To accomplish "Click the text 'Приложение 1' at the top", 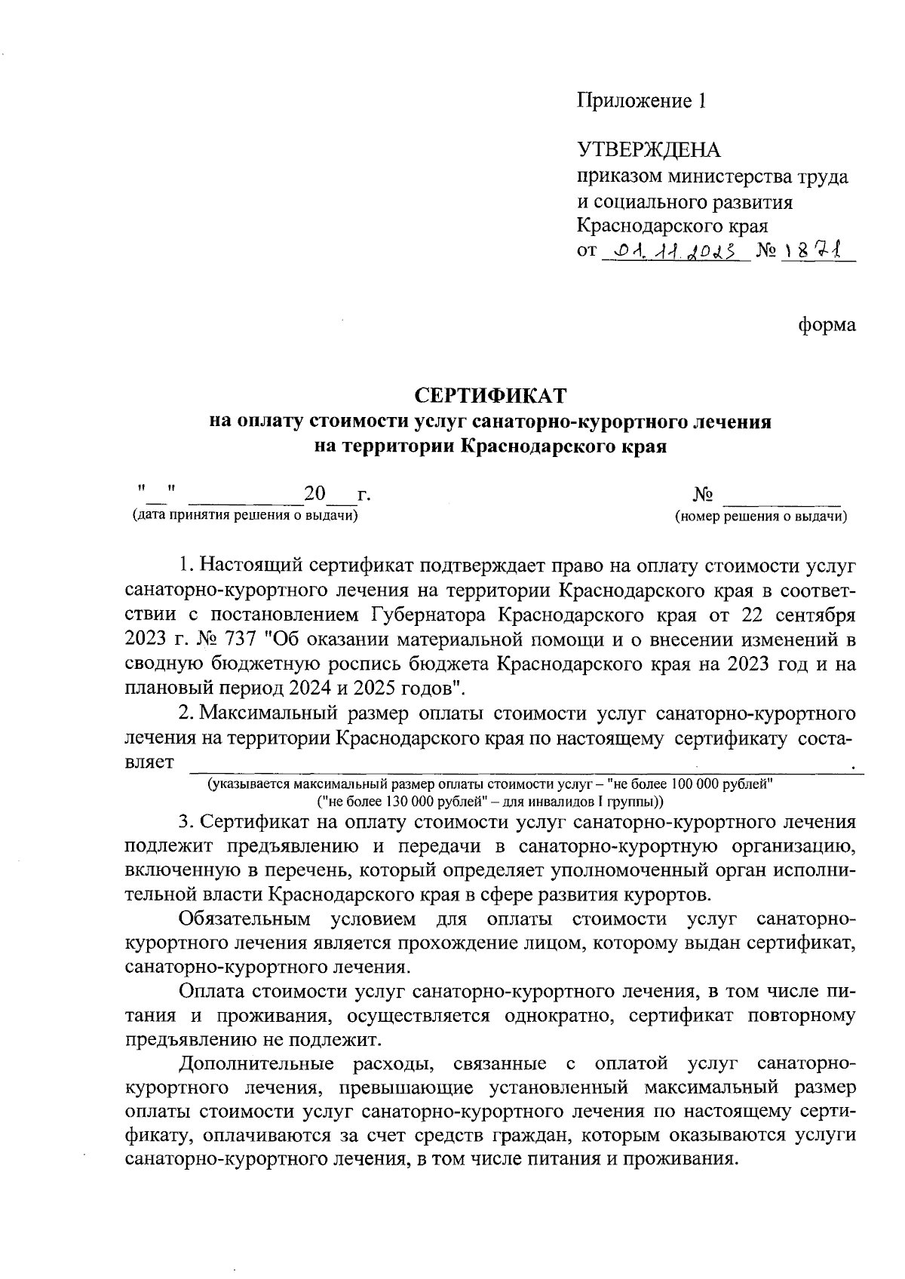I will (642, 101).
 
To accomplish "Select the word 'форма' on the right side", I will (827, 325).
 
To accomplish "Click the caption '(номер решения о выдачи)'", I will (761, 517).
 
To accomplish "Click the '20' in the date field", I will (314, 495).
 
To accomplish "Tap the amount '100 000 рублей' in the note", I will (725, 783).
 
